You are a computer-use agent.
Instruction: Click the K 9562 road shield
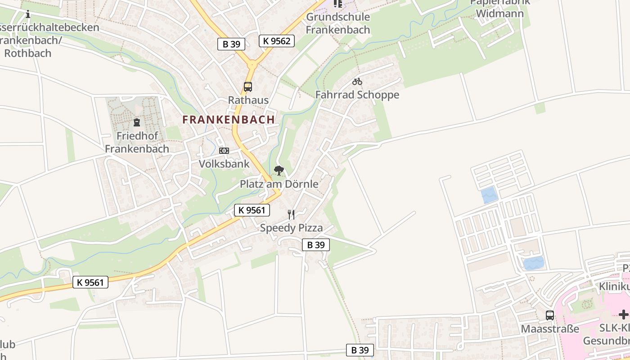coord(277,41)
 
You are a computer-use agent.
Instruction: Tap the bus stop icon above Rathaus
coord(247,87)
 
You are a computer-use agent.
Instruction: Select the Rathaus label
coord(248,100)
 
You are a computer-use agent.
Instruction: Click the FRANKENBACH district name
coord(229,120)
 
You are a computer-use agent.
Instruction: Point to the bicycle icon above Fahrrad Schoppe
coord(357,82)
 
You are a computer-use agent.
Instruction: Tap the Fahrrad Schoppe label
coord(357,95)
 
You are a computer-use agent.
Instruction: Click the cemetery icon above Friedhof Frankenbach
coord(137,122)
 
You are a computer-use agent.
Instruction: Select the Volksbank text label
coord(224,164)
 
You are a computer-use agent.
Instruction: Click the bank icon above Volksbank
coord(224,151)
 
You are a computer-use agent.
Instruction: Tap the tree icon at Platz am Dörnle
coord(279,171)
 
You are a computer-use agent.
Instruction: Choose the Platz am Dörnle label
coord(279,184)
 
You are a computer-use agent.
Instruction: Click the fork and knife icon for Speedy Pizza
coord(292,215)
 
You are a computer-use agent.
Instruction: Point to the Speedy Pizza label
coord(292,228)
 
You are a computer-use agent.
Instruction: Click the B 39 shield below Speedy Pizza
coord(315,245)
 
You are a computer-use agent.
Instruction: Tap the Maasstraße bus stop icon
coord(550,315)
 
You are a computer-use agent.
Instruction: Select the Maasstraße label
coord(550,329)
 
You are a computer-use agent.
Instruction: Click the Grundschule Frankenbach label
coord(338,23)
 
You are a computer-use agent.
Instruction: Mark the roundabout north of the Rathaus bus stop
coord(252,64)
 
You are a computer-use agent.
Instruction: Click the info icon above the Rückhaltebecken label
coord(28,14)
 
